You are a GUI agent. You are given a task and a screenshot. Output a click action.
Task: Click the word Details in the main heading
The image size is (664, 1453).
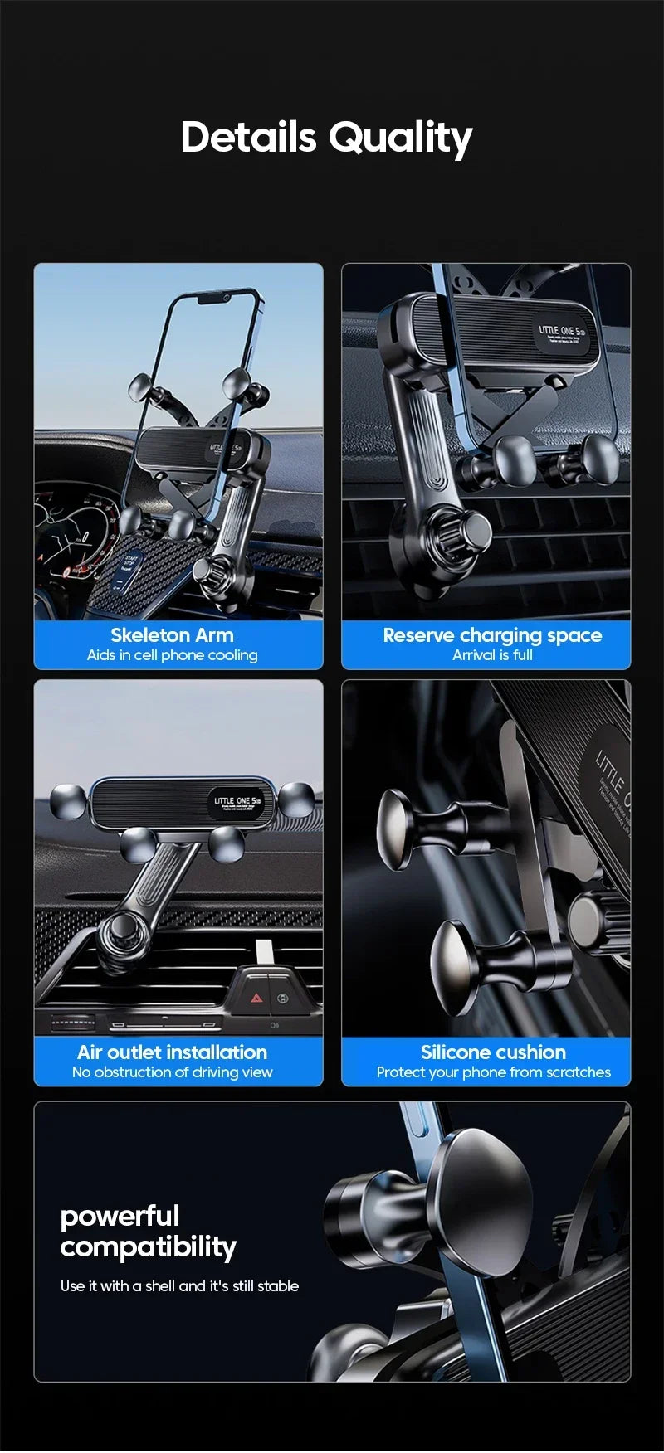pyautogui.click(x=248, y=137)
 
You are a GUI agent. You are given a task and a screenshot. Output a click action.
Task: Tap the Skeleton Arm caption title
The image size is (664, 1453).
pyautogui.click(x=172, y=635)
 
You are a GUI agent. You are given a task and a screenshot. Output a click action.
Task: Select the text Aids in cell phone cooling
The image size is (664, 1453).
pyautogui.click(x=172, y=655)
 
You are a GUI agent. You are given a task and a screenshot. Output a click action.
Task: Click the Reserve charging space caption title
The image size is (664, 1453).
pyautogui.click(x=492, y=635)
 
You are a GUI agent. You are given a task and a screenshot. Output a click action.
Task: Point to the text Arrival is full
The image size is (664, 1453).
pyautogui.click(x=492, y=655)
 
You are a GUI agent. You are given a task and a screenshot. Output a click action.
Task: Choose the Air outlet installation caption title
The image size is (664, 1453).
pyautogui.click(x=172, y=1052)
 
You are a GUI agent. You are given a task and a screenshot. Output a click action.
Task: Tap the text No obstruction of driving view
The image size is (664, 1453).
pyautogui.click(x=172, y=1072)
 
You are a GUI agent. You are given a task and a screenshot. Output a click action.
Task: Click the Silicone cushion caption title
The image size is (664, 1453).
pyautogui.click(x=493, y=1052)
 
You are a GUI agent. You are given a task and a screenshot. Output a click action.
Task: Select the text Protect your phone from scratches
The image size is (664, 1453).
pyautogui.click(x=493, y=1072)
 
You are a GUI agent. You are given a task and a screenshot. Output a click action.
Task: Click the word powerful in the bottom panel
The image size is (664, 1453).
pyautogui.click(x=120, y=1217)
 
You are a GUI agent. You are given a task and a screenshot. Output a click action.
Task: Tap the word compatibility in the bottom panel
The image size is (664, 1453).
pyautogui.click(x=148, y=1247)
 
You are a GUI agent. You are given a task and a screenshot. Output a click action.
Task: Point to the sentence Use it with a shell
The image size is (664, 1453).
pyautogui.click(x=179, y=1286)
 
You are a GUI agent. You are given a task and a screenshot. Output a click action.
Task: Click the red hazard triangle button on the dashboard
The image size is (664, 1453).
pyautogui.click(x=256, y=999)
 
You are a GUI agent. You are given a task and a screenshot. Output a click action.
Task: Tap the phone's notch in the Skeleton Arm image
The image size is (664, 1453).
pyautogui.click(x=214, y=298)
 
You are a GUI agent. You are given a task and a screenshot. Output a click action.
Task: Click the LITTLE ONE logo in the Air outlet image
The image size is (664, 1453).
pyautogui.click(x=236, y=802)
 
